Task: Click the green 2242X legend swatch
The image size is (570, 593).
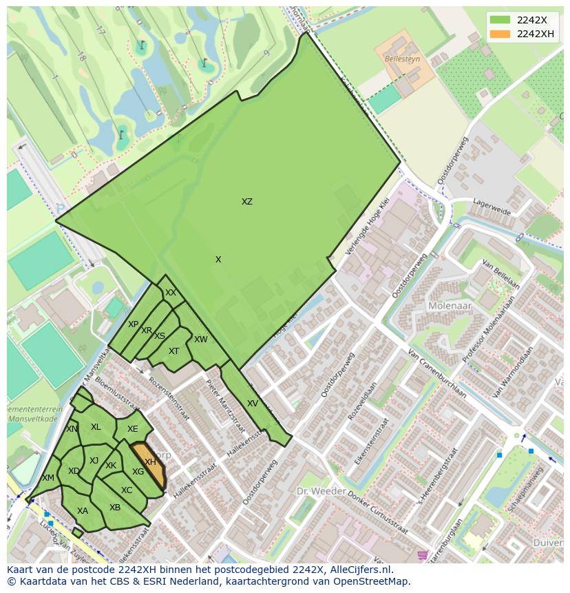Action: [x=500, y=20]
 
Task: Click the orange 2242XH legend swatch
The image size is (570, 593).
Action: [x=500, y=34]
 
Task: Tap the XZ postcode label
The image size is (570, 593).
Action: [x=247, y=202]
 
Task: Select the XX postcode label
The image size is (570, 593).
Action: [x=171, y=293]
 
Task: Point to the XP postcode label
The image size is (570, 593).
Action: [x=134, y=324]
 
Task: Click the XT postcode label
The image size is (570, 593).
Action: [x=174, y=351]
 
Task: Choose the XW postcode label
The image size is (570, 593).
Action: [x=200, y=340]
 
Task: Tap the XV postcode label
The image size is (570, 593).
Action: [x=253, y=404]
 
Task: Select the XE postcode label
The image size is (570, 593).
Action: [x=133, y=429]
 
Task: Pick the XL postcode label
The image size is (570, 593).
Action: [x=96, y=427]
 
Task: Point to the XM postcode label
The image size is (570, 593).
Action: [x=48, y=478]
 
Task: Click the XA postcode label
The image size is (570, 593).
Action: [x=83, y=511]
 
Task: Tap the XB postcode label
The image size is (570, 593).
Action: [x=115, y=508]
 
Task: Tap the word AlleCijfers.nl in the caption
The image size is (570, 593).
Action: [x=361, y=570]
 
